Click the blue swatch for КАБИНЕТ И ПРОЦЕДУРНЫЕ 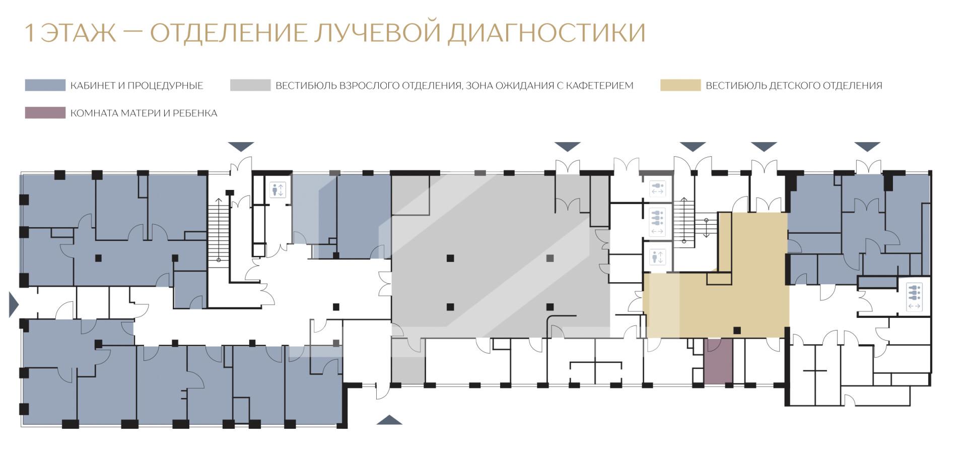(x=45, y=85)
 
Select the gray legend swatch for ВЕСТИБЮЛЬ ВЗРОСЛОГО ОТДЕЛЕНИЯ (x=250, y=85)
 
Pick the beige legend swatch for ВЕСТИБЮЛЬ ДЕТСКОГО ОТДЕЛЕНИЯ (x=680, y=85)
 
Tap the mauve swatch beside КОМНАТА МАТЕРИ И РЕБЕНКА (x=45, y=113)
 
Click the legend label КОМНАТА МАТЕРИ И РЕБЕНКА (x=144, y=113)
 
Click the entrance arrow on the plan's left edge (x=14, y=304)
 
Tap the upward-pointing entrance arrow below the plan (x=389, y=420)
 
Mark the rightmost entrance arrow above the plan (x=867, y=147)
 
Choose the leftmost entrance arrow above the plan (x=241, y=147)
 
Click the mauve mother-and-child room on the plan (x=718, y=361)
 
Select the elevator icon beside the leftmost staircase (x=278, y=190)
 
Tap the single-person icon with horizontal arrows (x=657, y=189)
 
